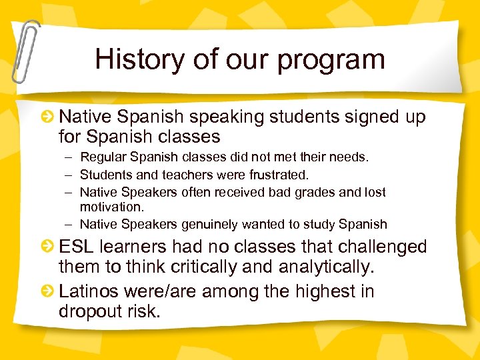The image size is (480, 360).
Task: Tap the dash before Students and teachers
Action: click(x=69, y=175)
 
